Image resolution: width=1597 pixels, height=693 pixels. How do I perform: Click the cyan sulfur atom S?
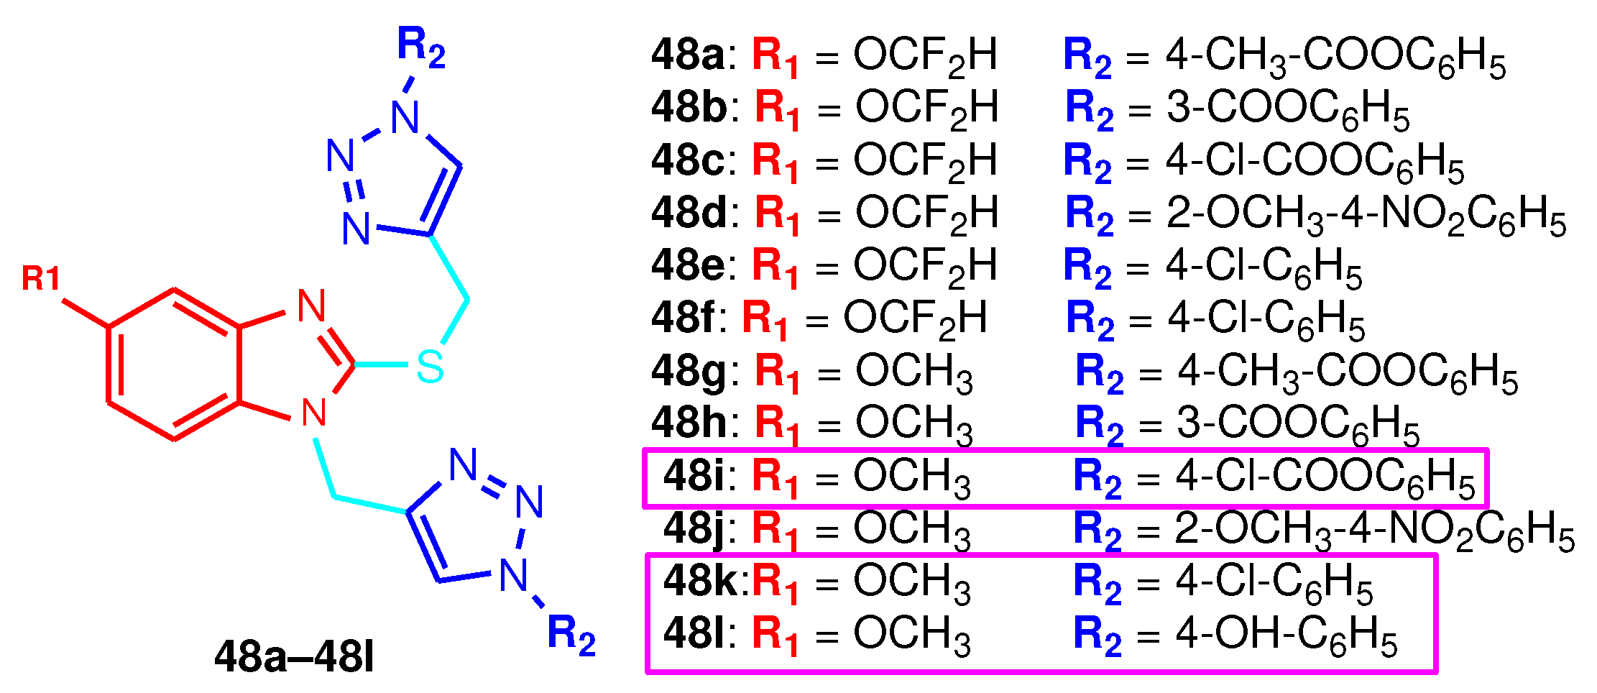tap(430, 366)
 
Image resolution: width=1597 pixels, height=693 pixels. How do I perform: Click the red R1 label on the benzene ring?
tap(41, 279)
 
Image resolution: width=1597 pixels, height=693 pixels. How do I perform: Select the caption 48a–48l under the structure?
tap(295, 657)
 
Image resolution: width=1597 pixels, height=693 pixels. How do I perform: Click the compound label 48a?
tap(688, 55)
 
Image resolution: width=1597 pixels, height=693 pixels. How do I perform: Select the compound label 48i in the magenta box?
tap(694, 476)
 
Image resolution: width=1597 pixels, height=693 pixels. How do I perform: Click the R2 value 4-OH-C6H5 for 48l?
tap(1287, 635)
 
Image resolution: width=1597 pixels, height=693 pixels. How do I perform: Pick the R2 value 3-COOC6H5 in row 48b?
tap(1287, 109)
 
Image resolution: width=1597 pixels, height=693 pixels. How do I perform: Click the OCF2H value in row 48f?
tap(915, 318)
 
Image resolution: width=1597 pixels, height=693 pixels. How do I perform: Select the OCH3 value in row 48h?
tap(914, 423)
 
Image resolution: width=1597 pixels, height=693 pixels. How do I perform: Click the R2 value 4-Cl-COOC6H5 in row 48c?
tap(1315, 161)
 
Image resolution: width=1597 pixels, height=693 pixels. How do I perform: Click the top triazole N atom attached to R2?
tap(405, 117)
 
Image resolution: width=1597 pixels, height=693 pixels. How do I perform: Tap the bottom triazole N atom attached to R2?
tap(514, 575)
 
